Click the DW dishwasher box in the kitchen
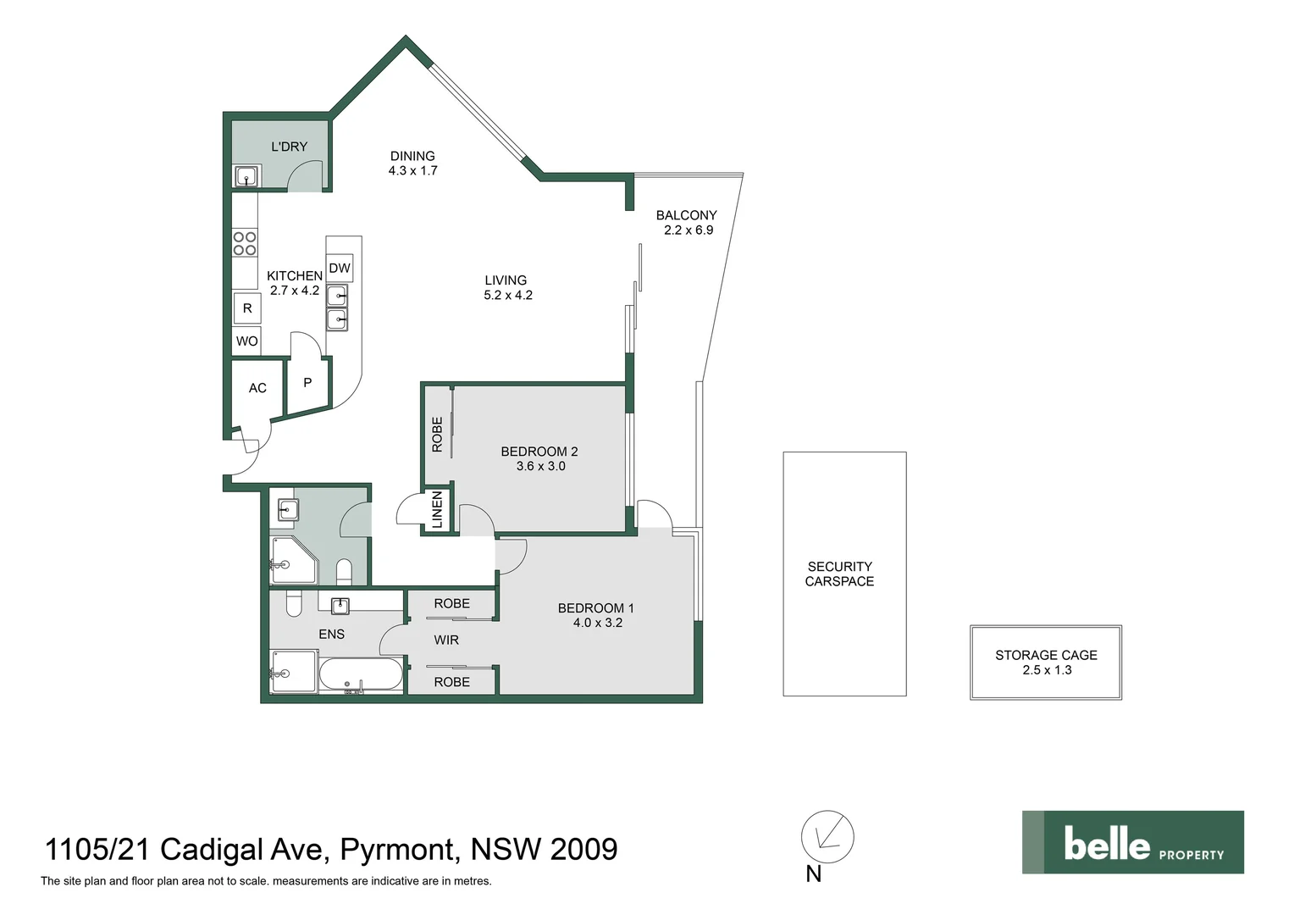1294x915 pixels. pos(340,269)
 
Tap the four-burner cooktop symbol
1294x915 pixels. pos(245,243)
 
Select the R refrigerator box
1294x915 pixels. pos(247,308)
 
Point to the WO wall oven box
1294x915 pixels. pos(247,341)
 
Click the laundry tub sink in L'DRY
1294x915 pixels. pos(246,177)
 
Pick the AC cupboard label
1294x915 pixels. pos(257,388)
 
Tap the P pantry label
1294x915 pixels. pos(307,383)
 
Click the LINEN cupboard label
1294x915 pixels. pos(437,509)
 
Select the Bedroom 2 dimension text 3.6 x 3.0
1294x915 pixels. pos(540,466)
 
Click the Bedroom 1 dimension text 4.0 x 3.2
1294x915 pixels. pos(597,623)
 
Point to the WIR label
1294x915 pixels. pos(446,640)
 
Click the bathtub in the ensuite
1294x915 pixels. pos(361,676)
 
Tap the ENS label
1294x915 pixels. pos(331,634)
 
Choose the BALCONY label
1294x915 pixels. pos(686,215)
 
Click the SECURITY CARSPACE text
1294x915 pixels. pos(839,574)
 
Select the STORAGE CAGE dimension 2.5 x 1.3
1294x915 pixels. pos(1047,670)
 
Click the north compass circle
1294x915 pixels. pos(827,837)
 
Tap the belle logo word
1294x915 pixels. pos(1106,845)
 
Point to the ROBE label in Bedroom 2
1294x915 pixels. pos(437,434)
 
